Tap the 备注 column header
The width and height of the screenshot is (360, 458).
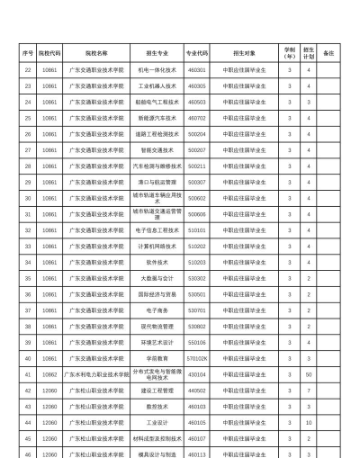coord(328,52)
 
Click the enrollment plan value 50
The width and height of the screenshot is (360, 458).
coord(309,373)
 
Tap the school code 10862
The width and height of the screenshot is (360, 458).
coord(49,373)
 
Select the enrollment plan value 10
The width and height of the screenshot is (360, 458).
coord(309,422)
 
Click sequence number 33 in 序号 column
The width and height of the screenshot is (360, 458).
coord(28,246)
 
